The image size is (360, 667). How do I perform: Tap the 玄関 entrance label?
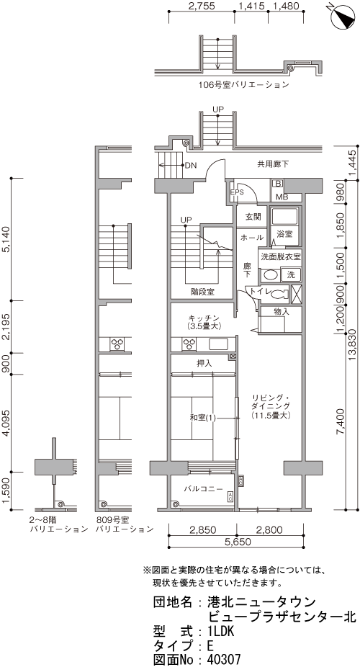coord(253,217)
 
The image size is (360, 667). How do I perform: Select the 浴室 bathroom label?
coord(284,233)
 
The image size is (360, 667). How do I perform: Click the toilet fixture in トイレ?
coord(279,293)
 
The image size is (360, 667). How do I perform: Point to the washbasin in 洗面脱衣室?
coord(269,275)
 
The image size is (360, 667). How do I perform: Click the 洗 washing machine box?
coord(291,275)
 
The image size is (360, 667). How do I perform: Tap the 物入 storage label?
coord(282,311)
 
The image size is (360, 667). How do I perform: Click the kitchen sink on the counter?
coord(218,344)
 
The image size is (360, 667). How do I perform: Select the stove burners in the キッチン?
coord(189,344)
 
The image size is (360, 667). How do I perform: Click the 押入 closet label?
coord(204,364)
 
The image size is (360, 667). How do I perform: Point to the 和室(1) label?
coord(203,418)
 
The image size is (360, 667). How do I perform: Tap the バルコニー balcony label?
coord(203,489)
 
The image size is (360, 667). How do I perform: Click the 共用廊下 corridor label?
coord(272,164)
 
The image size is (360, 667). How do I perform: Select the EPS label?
coord(237,192)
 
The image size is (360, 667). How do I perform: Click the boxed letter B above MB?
coord(279,184)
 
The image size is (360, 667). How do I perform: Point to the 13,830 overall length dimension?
coord(354,344)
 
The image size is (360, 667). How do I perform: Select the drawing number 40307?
coord(224,659)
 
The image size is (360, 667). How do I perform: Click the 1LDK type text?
coord(221,631)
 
